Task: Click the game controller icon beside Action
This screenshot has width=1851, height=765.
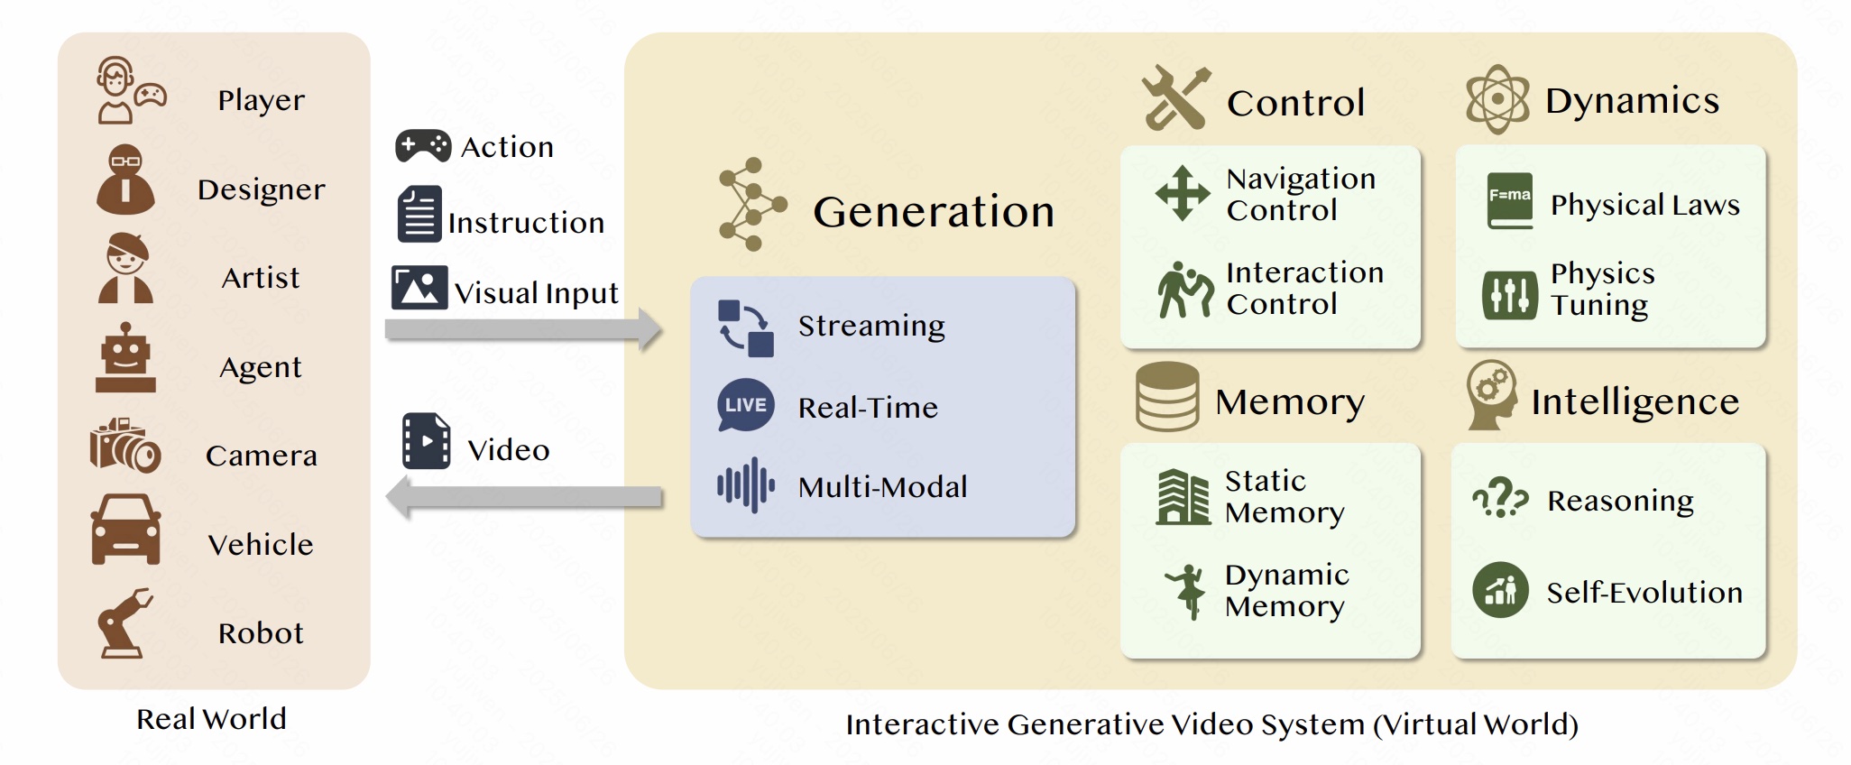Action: click(x=423, y=145)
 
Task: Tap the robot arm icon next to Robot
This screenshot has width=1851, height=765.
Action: click(x=124, y=624)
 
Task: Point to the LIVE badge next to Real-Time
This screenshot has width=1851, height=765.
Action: click(x=746, y=405)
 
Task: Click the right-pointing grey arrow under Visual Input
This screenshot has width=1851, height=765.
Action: click(x=523, y=329)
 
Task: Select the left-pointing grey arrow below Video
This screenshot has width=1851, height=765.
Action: click(x=523, y=497)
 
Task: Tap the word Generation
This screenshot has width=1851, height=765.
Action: click(x=934, y=212)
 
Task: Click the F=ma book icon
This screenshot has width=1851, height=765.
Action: click(x=1509, y=200)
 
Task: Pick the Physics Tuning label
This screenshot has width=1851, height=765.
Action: click(x=1602, y=289)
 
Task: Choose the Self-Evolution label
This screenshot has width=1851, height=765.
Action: click(x=1644, y=593)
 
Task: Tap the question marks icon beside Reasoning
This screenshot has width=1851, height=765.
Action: click(x=1500, y=497)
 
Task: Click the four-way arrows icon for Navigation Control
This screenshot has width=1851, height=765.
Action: click(x=1183, y=193)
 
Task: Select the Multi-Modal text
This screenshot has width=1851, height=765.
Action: click(x=882, y=487)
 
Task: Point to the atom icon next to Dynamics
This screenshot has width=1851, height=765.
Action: click(x=1497, y=99)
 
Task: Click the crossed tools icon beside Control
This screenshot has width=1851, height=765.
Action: click(x=1175, y=98)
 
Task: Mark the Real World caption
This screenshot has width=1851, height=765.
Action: click(x=211, y=719)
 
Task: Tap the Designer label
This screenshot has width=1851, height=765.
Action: click(x=262, y=189)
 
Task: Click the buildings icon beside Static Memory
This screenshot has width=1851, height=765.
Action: click(x=1183, y=497)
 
